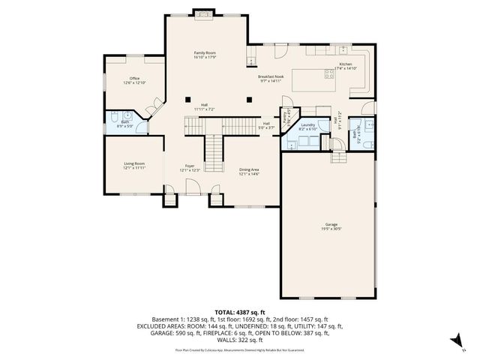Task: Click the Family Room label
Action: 205,55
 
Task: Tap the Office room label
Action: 135,79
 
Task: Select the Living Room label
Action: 134,166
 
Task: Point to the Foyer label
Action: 189,169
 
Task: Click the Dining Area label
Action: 249,172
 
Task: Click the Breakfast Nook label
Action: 270,78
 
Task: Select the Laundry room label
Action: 308,127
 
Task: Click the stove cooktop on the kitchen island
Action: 328,73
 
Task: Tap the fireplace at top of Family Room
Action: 204,12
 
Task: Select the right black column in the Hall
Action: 249,98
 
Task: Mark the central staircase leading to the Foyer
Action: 215,147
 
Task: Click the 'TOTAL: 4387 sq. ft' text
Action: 240,311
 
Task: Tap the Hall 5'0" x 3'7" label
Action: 266,126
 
